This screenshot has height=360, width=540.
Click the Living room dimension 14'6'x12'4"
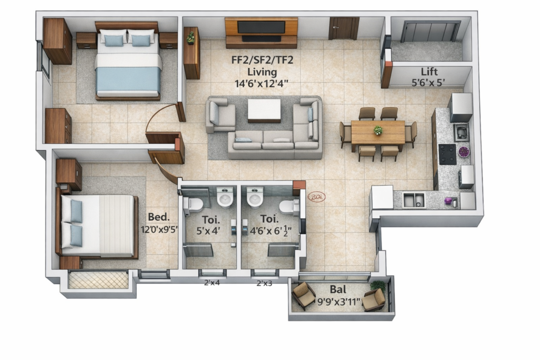262,84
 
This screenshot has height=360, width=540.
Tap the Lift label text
429,72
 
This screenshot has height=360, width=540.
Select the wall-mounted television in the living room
262,27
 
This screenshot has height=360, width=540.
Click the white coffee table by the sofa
264,111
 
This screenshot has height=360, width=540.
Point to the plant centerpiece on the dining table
378,130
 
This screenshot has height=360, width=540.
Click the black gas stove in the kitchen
447,154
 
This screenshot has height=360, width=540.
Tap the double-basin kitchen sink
414,200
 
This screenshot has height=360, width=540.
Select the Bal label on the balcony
338,289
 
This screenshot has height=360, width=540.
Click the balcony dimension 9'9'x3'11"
339,302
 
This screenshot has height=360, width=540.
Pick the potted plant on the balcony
378,286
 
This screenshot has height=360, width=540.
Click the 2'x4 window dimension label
212,283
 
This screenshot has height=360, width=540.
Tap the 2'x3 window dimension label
264,283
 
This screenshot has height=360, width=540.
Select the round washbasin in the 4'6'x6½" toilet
255,199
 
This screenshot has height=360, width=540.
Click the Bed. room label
159,217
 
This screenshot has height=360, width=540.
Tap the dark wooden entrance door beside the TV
344,28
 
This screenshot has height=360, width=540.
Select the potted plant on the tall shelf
190,37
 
